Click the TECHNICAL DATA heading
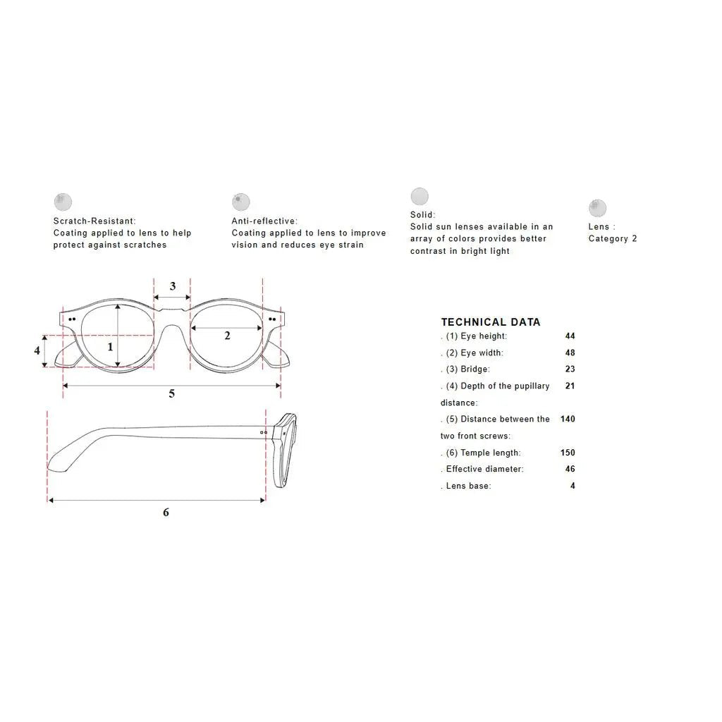point(491,322)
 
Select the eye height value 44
point(570,336)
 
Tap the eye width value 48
point(570,353)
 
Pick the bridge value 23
point(570,369)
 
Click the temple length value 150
point(568,453)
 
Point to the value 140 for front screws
point(568,419)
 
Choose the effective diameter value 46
point(570,469)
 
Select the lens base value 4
point(573,486)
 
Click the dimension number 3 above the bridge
point(173,286)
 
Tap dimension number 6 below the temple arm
point(166,512)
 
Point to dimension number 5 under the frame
point(172,393)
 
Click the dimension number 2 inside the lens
point(227,336)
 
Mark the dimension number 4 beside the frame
point(37,350)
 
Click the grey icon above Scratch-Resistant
point(63,202)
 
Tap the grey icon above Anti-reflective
point(241,202)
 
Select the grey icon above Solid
point(420,196)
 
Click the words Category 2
point(613,238)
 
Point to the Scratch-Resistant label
point(94,221)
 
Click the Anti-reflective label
point(264,221)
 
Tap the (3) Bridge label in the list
point(467,369)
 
